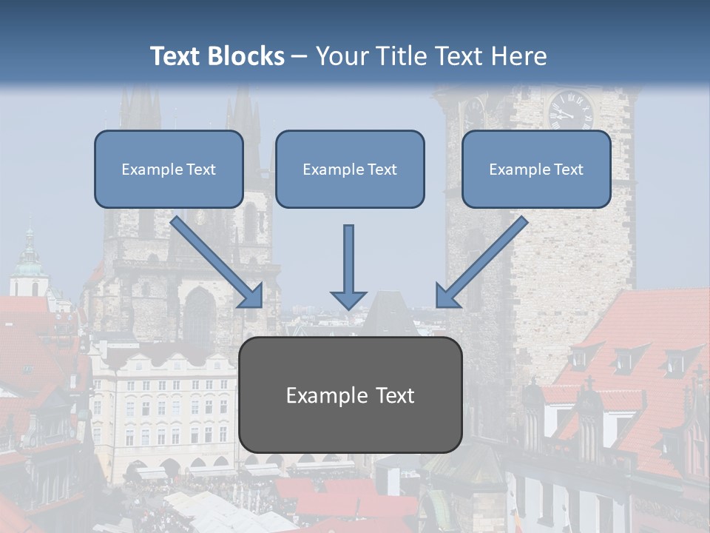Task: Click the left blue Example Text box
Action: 169,169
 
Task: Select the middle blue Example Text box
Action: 350,169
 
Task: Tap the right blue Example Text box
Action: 536,169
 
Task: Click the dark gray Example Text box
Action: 350,395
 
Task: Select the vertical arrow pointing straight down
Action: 348,266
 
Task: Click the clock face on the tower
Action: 570,110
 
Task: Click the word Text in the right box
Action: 568,170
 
